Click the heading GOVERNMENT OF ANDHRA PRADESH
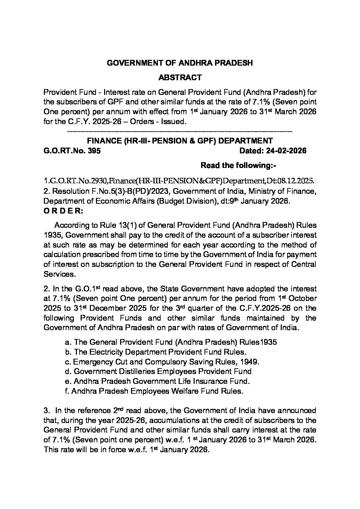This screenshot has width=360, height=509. coord(180,63)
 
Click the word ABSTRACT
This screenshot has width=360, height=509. coord(180,78)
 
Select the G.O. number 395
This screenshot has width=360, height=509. coord(95,151)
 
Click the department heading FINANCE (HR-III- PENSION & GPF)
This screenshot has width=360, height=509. coord(180,141)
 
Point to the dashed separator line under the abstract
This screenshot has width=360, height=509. coord(180,131)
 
